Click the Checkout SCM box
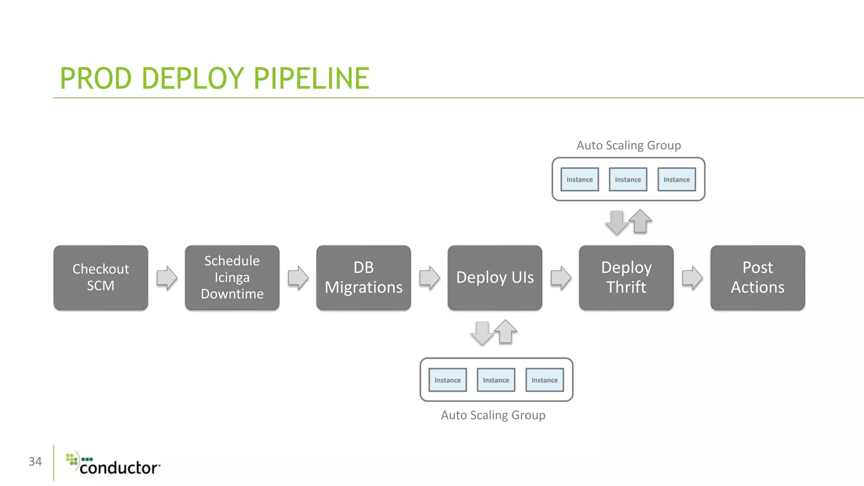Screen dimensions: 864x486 click(x=101, y=278)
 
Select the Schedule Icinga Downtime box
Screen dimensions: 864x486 click(x=232, y=278)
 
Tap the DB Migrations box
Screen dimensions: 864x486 click(x=364, y=278)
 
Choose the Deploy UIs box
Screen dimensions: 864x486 click(x=495, y=278)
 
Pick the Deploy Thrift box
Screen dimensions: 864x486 click(x=626, y=278)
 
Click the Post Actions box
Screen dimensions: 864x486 click(x=758, y=278)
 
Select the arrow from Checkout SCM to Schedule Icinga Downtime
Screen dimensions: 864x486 click(x=167, y=278)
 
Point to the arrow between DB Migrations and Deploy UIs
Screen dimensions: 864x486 click(x=429, y=278)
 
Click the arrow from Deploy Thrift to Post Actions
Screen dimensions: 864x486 click(x=692, y=278)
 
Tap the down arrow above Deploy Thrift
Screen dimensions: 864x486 click(x=617, y=223)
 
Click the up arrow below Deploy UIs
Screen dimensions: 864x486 click(x=505, y=332)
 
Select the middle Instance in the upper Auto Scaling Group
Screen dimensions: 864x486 click(x=628, y=179)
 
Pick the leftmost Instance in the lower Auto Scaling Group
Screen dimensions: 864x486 click(x=448, y=380)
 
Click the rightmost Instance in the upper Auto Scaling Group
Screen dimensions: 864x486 click(x=677, y=179)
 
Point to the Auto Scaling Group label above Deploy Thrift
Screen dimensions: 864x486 click(x=629, y=146)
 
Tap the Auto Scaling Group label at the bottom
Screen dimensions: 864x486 click(x=493, y=416)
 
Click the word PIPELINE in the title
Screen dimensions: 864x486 click(x=311, y=78)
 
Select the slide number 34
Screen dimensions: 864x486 click(x=35, y=462)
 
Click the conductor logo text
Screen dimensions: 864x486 click(x=120, y=468)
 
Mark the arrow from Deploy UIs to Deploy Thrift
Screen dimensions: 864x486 click(x=561, y=278)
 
